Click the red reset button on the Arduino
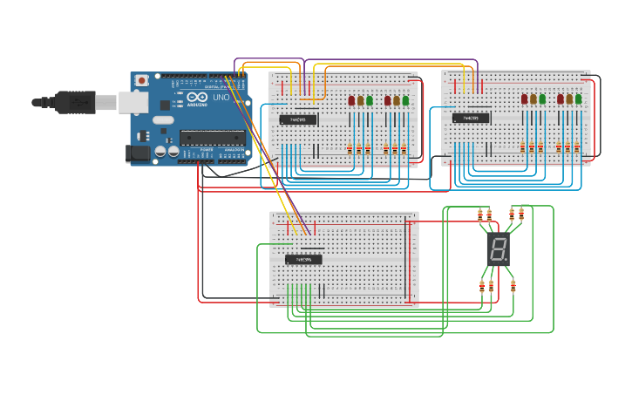click(x=141, y=80)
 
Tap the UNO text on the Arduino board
click(x=221, y=97)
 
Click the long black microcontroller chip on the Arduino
click(x=213, y=136)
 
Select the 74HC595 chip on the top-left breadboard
click(x=297, y=119)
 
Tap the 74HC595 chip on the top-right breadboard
click(x=471, y=119)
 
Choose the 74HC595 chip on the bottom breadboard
click(x=303, y=259)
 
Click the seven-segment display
click(x=498, y=250)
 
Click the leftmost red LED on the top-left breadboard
click(x=351, y=100)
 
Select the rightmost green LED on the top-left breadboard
click(x=405, y=100)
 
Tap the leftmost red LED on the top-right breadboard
click(x=525, y=100)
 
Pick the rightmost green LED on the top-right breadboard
click(x=579, y=100)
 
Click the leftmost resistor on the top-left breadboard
click(x=350, y=147)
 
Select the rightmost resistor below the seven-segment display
click(x=513, y=286)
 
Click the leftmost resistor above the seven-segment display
click(x=480, y=215)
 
